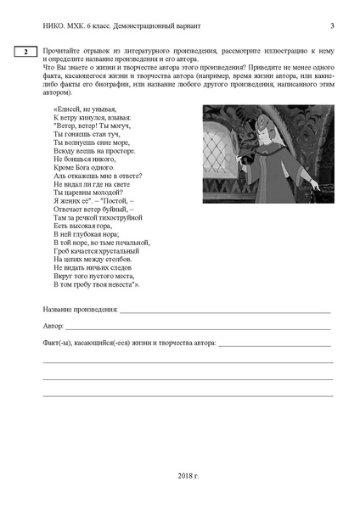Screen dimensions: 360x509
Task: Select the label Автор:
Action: tap(53, 326)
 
